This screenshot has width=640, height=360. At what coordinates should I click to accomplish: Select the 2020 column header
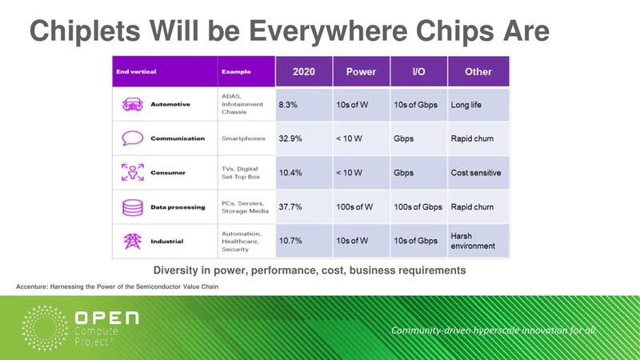(303, 72)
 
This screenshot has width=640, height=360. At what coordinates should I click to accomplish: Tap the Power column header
(361, 72)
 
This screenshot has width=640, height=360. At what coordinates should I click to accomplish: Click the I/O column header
(418, 72)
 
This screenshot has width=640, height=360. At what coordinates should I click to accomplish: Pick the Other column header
(478, 72)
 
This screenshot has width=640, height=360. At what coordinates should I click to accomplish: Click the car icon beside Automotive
(132, 105)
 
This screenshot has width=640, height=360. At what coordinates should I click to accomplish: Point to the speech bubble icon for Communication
(132, 138)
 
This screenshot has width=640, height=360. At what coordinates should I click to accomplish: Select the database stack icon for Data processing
(132, 207)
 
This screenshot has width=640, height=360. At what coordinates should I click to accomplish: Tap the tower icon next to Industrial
(132, 241)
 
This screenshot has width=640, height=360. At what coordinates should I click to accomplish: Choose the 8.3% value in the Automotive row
(288, 105)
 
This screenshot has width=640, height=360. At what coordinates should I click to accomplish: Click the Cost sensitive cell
(477, 173)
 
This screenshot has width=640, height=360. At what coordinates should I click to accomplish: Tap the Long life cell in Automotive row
(469, 105)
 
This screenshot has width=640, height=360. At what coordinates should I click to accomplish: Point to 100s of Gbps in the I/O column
(418, 207)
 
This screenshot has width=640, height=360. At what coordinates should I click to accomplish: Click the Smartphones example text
(244, 138)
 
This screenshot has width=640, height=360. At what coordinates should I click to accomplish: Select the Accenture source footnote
(118, 286)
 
